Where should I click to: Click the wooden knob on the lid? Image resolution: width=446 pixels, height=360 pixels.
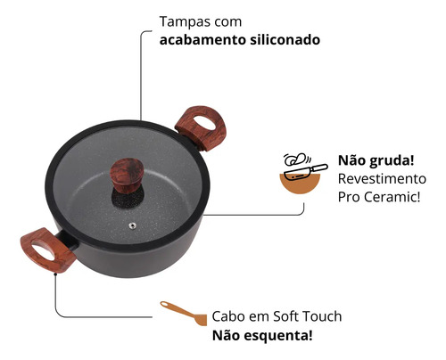click(126, 176)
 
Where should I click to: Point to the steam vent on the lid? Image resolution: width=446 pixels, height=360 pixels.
click(132, 226)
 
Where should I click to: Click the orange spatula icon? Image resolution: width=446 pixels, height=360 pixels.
click(184, 313)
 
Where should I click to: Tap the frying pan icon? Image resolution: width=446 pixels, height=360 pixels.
click(306, 173)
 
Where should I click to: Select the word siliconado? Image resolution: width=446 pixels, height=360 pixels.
click(285, 40)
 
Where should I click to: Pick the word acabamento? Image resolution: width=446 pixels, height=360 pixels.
click(202, 40)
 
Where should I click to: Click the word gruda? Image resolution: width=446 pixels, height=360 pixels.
click(391, 161)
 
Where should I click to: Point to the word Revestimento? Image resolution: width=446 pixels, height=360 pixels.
click(382, 179)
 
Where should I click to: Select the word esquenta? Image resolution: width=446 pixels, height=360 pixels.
click(278, 336)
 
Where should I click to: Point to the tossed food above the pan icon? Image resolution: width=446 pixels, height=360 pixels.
click(295, 160)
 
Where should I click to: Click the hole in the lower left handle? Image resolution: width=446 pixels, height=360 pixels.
click(43, 252)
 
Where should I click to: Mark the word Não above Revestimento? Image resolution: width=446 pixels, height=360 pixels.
click(351, 160)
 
